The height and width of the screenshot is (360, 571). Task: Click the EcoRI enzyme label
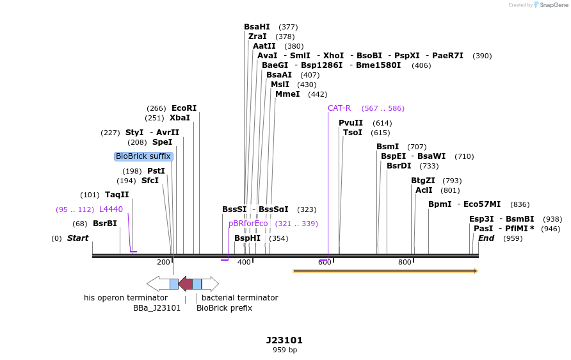click(184, 108)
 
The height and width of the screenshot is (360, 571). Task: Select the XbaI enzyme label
click(180, 118)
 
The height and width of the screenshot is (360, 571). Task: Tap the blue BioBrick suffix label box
click(143, 156)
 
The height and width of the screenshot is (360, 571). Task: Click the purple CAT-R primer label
click(339, 108)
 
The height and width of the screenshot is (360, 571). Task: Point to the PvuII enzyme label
click(351, 123)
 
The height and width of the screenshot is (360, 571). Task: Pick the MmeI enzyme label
click(287, 94)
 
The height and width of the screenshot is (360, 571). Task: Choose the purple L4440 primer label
click(111, 209)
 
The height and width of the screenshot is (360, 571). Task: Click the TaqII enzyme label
click(117, 195)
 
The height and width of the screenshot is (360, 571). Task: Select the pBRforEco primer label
click(248, 224)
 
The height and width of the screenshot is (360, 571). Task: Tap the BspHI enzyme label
click(248, 238)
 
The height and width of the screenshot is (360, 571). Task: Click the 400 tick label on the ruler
click(244, 262)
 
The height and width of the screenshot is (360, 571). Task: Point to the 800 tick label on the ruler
click(405, 262)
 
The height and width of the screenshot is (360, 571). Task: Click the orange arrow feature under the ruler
click(385, 271)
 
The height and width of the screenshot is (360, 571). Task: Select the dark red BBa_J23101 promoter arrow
click(185, 284)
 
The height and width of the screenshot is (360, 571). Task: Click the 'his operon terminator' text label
click(125, 298)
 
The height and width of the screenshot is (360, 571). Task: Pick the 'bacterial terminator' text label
click(239, 298)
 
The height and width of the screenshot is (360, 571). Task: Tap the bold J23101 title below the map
click(284, 340)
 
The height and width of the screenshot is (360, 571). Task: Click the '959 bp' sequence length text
click(285, 350)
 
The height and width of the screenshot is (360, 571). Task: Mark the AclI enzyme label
click(424, 190)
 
